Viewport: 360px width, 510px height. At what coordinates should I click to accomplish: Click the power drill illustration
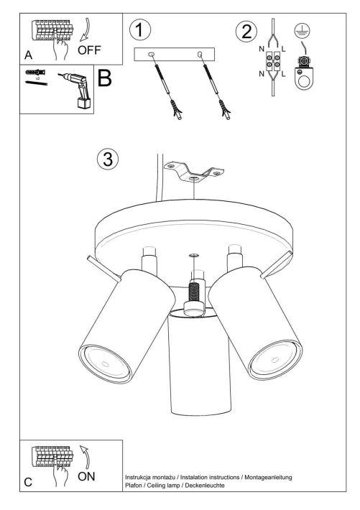[x=78, y=91]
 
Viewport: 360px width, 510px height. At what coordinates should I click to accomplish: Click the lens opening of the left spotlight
[x=105, y=363]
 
